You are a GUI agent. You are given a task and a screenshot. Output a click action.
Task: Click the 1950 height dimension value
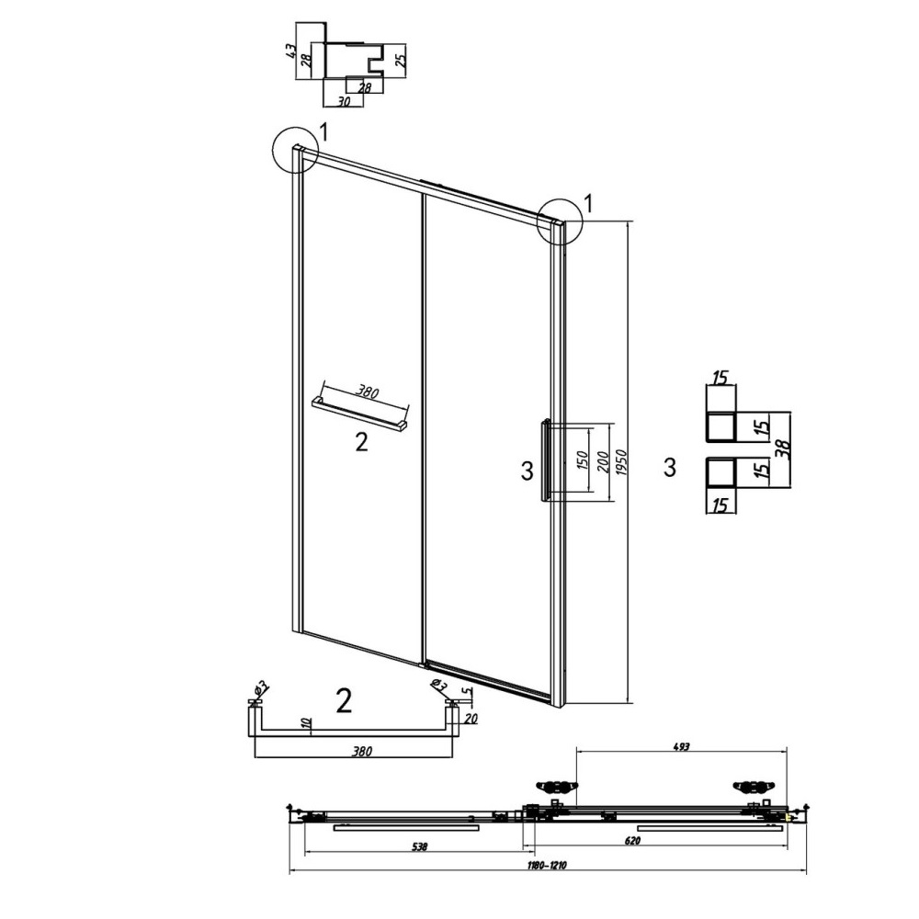622,462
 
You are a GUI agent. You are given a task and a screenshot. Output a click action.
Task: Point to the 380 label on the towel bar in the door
367,392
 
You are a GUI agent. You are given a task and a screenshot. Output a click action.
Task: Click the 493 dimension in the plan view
682,746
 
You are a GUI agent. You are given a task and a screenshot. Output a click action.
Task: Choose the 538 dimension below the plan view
420,846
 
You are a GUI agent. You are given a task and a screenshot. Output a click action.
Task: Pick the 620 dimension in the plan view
632,841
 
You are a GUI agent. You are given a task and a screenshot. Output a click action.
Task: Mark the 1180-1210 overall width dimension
547,866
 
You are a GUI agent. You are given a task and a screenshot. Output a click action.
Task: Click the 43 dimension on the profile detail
290,51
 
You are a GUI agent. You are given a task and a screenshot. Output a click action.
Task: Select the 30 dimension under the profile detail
344,101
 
